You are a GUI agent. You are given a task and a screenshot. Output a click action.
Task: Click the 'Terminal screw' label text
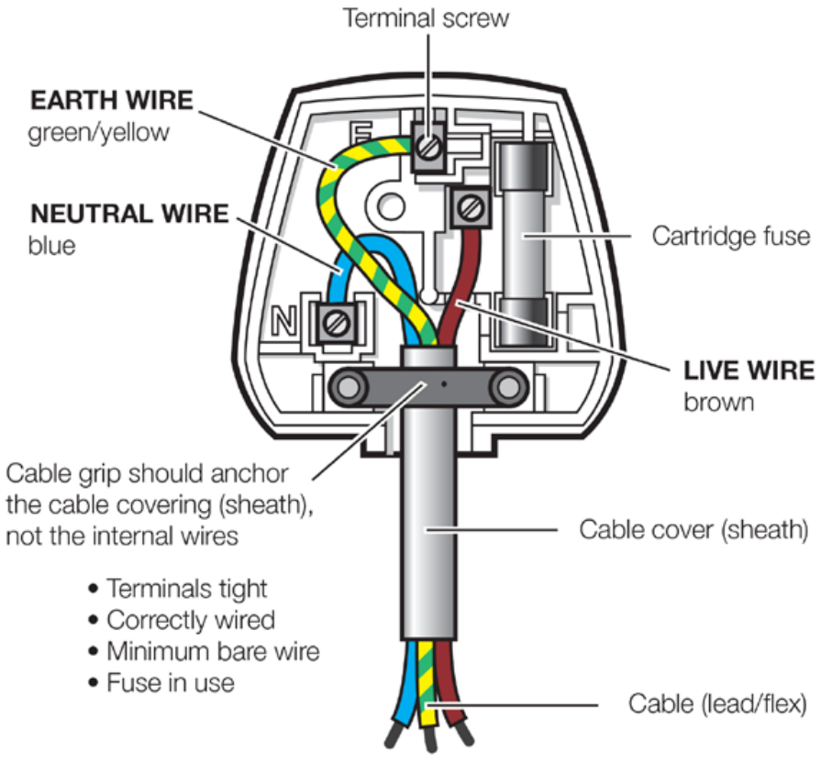[425, 17]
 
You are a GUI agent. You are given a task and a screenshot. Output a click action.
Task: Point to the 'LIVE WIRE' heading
[748, 371]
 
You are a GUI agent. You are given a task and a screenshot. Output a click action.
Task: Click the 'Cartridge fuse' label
[731, 237]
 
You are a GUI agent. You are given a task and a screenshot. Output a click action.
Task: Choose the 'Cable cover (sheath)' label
[693, 529]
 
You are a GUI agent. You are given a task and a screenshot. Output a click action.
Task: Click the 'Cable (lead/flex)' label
[716, 704]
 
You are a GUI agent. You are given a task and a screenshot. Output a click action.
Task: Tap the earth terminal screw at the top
[427, 144]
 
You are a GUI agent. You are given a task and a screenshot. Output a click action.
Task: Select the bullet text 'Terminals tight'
[187, 588]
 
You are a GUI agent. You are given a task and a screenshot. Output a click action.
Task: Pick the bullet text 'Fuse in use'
[171, 681]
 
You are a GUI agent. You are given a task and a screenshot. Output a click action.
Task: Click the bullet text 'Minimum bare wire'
[212, 650]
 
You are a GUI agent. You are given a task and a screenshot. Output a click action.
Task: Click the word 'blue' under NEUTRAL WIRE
[53, 246]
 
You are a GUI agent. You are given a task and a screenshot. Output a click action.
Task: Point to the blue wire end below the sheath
[401, 696]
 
